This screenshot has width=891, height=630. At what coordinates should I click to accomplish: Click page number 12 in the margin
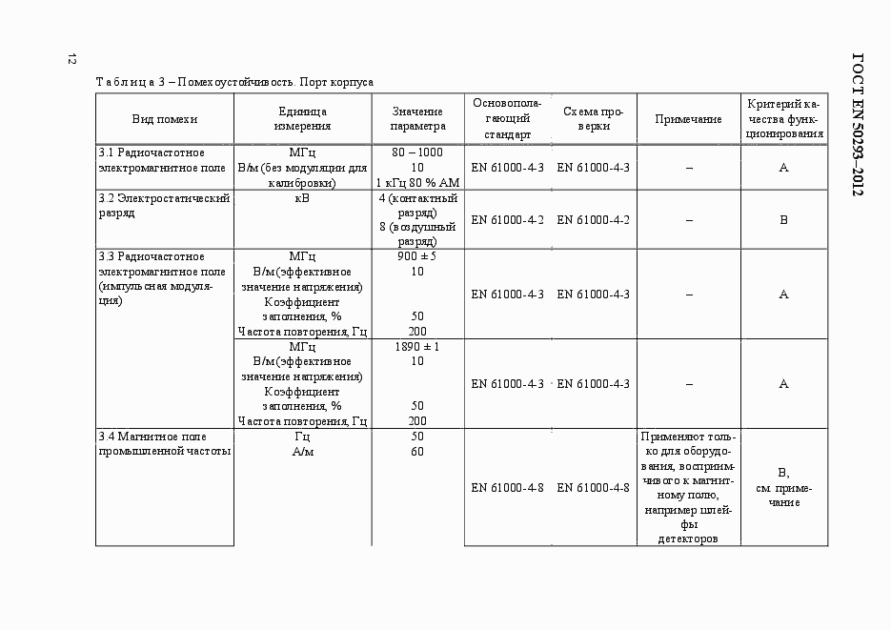pos(71,59)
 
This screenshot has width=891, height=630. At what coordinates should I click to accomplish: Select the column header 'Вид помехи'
pos(165,119)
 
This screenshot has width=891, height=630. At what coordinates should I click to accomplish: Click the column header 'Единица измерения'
pos(302,119)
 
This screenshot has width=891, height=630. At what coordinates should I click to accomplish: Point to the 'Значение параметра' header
pos(417,119)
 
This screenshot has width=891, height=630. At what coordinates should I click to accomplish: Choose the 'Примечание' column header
pos(688,119)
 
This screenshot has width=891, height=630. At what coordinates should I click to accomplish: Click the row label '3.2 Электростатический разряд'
pos(164,206)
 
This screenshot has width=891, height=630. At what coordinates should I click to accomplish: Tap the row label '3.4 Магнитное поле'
pos(164,443)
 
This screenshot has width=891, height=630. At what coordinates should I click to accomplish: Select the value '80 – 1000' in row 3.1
pos(417,152)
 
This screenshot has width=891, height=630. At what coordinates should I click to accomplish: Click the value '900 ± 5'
pos(417,256)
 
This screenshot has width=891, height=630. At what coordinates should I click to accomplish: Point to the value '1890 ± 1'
pos(417,347)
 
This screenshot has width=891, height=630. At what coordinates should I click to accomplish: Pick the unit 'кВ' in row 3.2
pos(302,198)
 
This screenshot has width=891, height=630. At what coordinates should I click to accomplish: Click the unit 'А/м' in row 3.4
pos(302,452)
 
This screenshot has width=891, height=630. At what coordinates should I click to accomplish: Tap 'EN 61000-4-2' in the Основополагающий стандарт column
pos(507,220)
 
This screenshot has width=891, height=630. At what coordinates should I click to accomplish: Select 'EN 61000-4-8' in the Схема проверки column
pos(593,488)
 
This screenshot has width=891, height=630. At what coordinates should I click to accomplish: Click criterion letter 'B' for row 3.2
pos(783,220)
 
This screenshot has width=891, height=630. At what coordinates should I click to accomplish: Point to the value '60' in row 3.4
pos(417,452)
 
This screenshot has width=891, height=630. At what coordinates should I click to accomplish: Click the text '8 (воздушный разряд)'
pos(417,235)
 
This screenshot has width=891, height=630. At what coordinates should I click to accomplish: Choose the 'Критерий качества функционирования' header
pos(784,119)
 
